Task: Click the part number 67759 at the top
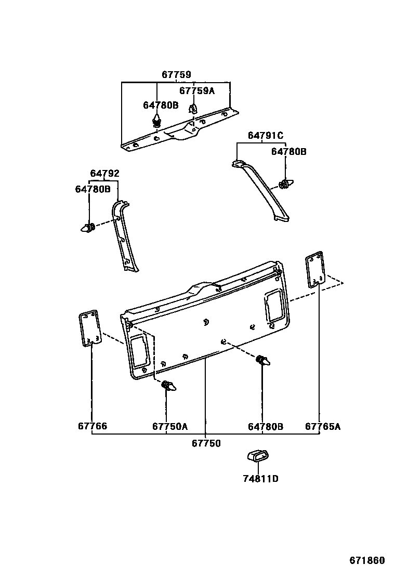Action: pos(176,75)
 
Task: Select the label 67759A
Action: pos(196,90)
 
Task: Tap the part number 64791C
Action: pos(265,136)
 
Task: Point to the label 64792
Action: pos(104,174)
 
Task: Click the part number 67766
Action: pos(93,427)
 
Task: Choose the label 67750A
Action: pos(170,427)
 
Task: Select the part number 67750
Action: pos(206,443)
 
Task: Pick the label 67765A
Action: pos(323,427)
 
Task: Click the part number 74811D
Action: pos(260,479)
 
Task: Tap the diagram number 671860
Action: pos(367,561)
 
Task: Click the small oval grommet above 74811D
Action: pos(258,456)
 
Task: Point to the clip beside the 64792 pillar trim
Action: pos(87,228)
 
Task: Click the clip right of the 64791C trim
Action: pos(286,184)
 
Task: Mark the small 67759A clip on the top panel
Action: pos(192,109)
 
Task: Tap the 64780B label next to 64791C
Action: pos(288,152)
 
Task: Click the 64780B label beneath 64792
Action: pos(93,190)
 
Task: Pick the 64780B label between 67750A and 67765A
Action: pos(265,427)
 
